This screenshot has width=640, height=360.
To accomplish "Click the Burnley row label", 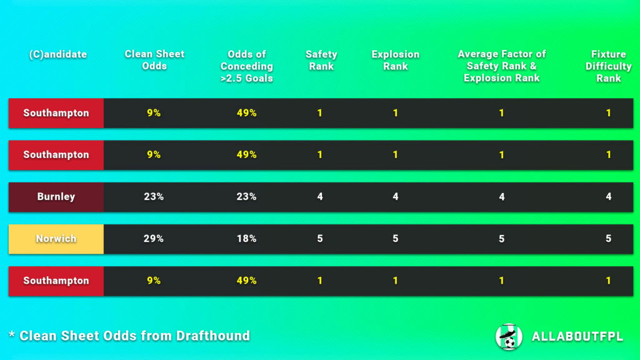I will click(56, 196).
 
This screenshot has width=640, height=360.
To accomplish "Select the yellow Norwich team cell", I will click(56, 238).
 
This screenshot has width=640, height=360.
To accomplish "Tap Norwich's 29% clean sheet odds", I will click(154, 238).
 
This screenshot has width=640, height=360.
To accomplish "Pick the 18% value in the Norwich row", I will click(246, 238).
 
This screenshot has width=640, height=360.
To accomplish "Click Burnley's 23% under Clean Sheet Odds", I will click(154, 196).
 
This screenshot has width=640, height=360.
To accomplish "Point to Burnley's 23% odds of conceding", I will click(246, 196).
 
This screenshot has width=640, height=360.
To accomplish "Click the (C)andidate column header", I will click(57, 54).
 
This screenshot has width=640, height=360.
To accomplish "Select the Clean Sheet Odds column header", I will click(154, 60).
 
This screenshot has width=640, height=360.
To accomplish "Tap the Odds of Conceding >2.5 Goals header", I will click(247, 66).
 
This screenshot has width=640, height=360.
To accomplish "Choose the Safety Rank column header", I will click(321, 60).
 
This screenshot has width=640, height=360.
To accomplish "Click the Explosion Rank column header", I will click(395, 60).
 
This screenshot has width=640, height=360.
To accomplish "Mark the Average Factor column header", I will click(501, 66).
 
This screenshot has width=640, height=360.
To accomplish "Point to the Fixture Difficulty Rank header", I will click(608, 66).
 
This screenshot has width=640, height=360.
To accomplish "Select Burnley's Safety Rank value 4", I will click(320, 196).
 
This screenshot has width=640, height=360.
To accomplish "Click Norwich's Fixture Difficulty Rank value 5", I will click(608, 238).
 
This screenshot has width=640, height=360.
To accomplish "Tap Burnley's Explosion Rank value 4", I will click(395, 196).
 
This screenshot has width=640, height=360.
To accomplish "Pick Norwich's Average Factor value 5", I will click(501, 238).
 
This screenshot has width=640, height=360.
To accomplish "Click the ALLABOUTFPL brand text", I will click(577, 337).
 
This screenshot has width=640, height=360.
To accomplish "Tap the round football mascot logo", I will click(509, 336).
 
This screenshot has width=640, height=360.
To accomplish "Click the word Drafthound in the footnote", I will click(213, 336).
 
